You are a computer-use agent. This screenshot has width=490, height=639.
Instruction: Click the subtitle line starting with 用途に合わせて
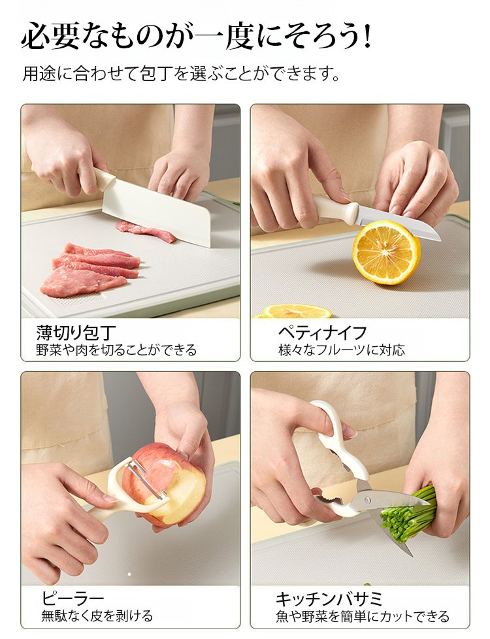tap(181, 74)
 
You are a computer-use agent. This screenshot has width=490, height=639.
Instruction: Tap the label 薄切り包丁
tap(76, 333)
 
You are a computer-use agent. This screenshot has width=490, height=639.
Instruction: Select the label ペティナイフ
tap(323, 333)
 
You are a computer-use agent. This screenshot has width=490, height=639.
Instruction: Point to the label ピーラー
tap(73, 598)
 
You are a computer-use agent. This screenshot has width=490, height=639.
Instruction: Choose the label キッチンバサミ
tap(329, 598)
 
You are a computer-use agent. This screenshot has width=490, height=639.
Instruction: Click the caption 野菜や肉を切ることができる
tap(116, 350)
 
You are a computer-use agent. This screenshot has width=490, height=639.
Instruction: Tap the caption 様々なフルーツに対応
tap(342, 350)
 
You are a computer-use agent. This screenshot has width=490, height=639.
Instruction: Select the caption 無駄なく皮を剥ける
tap(97, 615)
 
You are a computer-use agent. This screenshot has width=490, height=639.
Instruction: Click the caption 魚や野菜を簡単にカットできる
tap(363, 615)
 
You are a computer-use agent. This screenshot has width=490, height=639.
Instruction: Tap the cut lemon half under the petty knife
tap(386, 252)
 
